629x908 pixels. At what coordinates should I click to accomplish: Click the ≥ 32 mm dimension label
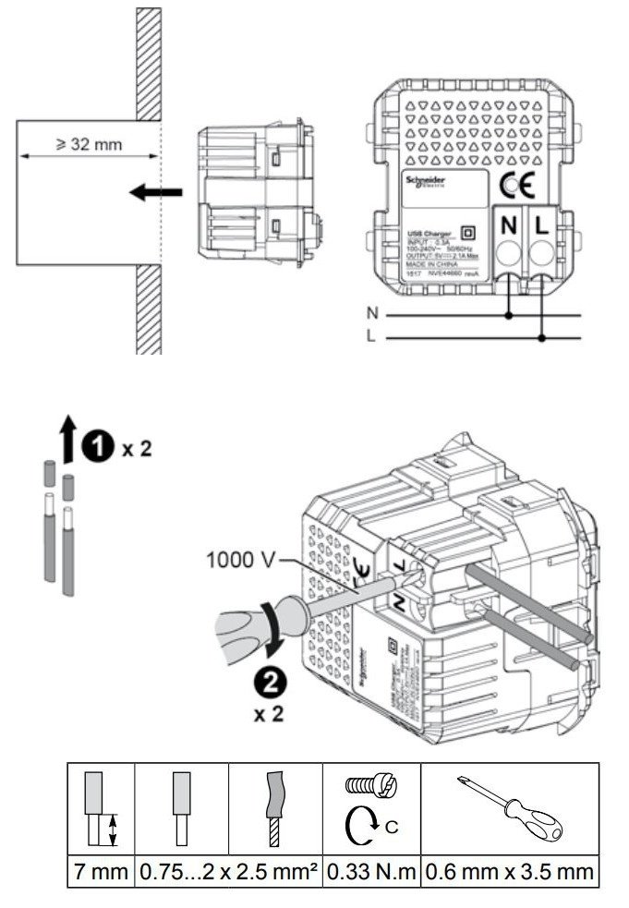tap(89, 145)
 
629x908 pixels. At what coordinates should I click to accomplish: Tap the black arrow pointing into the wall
tap(155, 192)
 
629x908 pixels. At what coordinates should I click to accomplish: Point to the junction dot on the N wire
tap(509, 315)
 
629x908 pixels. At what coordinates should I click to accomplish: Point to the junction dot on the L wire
tap(541, 339)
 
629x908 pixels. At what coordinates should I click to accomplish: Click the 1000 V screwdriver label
tap(237, 558)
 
